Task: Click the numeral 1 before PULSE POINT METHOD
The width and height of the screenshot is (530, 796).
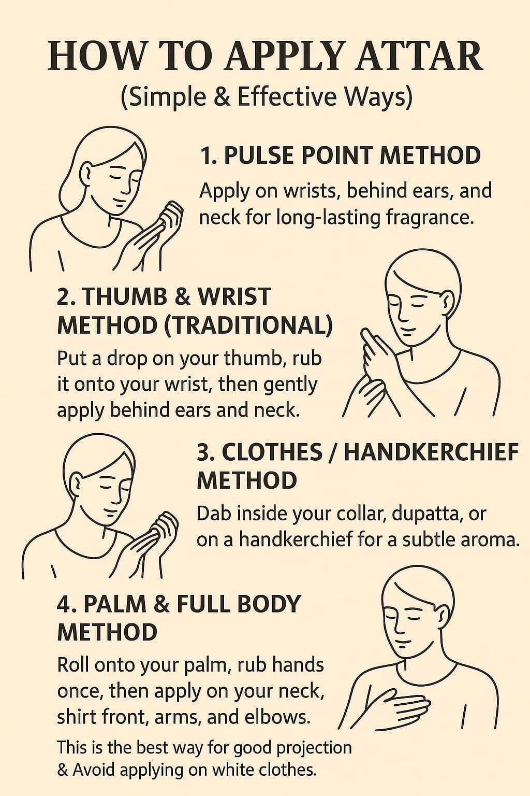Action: tap(205, 155)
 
